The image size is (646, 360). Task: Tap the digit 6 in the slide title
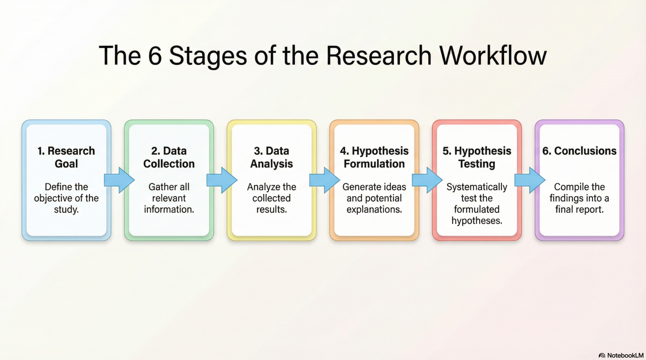(x=155, y=55)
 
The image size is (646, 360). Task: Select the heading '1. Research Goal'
(x=66, y=157)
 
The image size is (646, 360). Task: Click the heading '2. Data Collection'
(x=169, y=157)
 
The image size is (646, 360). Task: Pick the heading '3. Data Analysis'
(x=271, y=157)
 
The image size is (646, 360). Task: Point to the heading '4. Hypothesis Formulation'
(x=374, y=157)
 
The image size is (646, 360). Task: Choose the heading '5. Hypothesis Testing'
(x=477, y=157)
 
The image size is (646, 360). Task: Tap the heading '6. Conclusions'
(x=579, y=151)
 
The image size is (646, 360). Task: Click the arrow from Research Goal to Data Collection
(x=119, y=180)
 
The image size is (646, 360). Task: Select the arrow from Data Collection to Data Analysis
(x=222, y=180)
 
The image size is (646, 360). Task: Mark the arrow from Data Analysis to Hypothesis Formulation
(x=324, y=180)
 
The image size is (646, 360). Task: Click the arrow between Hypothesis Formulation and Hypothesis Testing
(x=427, y=180)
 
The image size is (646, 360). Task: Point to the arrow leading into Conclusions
(x=530, y=180)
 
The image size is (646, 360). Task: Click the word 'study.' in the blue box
(x=66, y=210)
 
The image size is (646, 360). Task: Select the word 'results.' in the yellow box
(x=272, y=209)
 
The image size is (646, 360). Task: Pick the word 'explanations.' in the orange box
(x=374, y=210)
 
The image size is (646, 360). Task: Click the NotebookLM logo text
(x=625, y=355)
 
